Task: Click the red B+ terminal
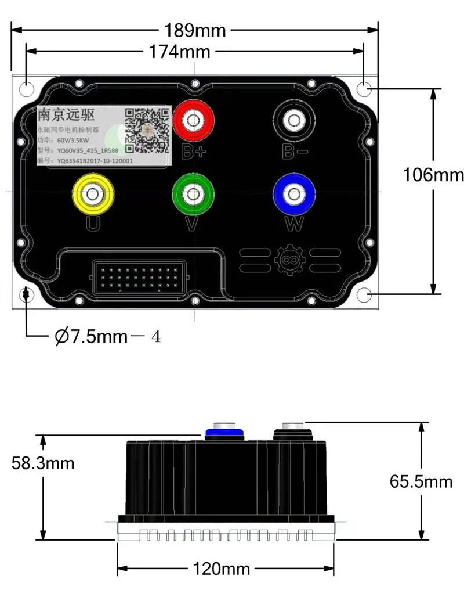pyautogui.click(x=191, y=121)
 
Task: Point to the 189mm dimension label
pyautogui.click(x=195, y=30)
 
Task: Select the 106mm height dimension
pyautogui.click(x=433, y=174)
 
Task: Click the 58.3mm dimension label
pyautogui.click(x=43, y=463)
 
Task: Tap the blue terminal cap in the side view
pyautogui.click(x=223, y=431)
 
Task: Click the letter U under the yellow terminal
pyautogui.click(x=92, y=224)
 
